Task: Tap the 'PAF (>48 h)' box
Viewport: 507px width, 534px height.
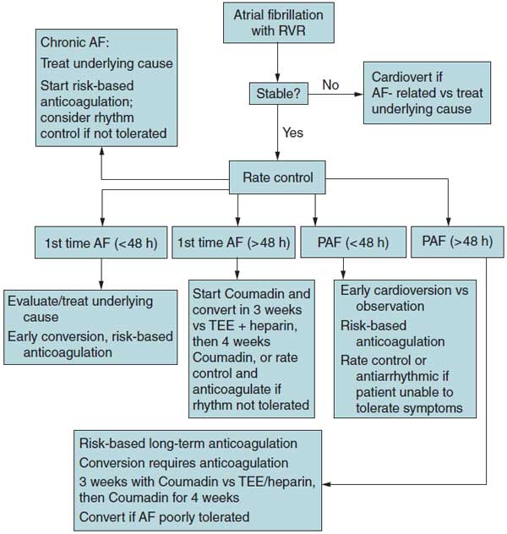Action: pos(456,242)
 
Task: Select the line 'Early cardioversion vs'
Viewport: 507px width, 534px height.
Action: pos(404,290)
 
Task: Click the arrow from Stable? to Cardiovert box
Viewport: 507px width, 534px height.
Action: pos(333,95)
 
